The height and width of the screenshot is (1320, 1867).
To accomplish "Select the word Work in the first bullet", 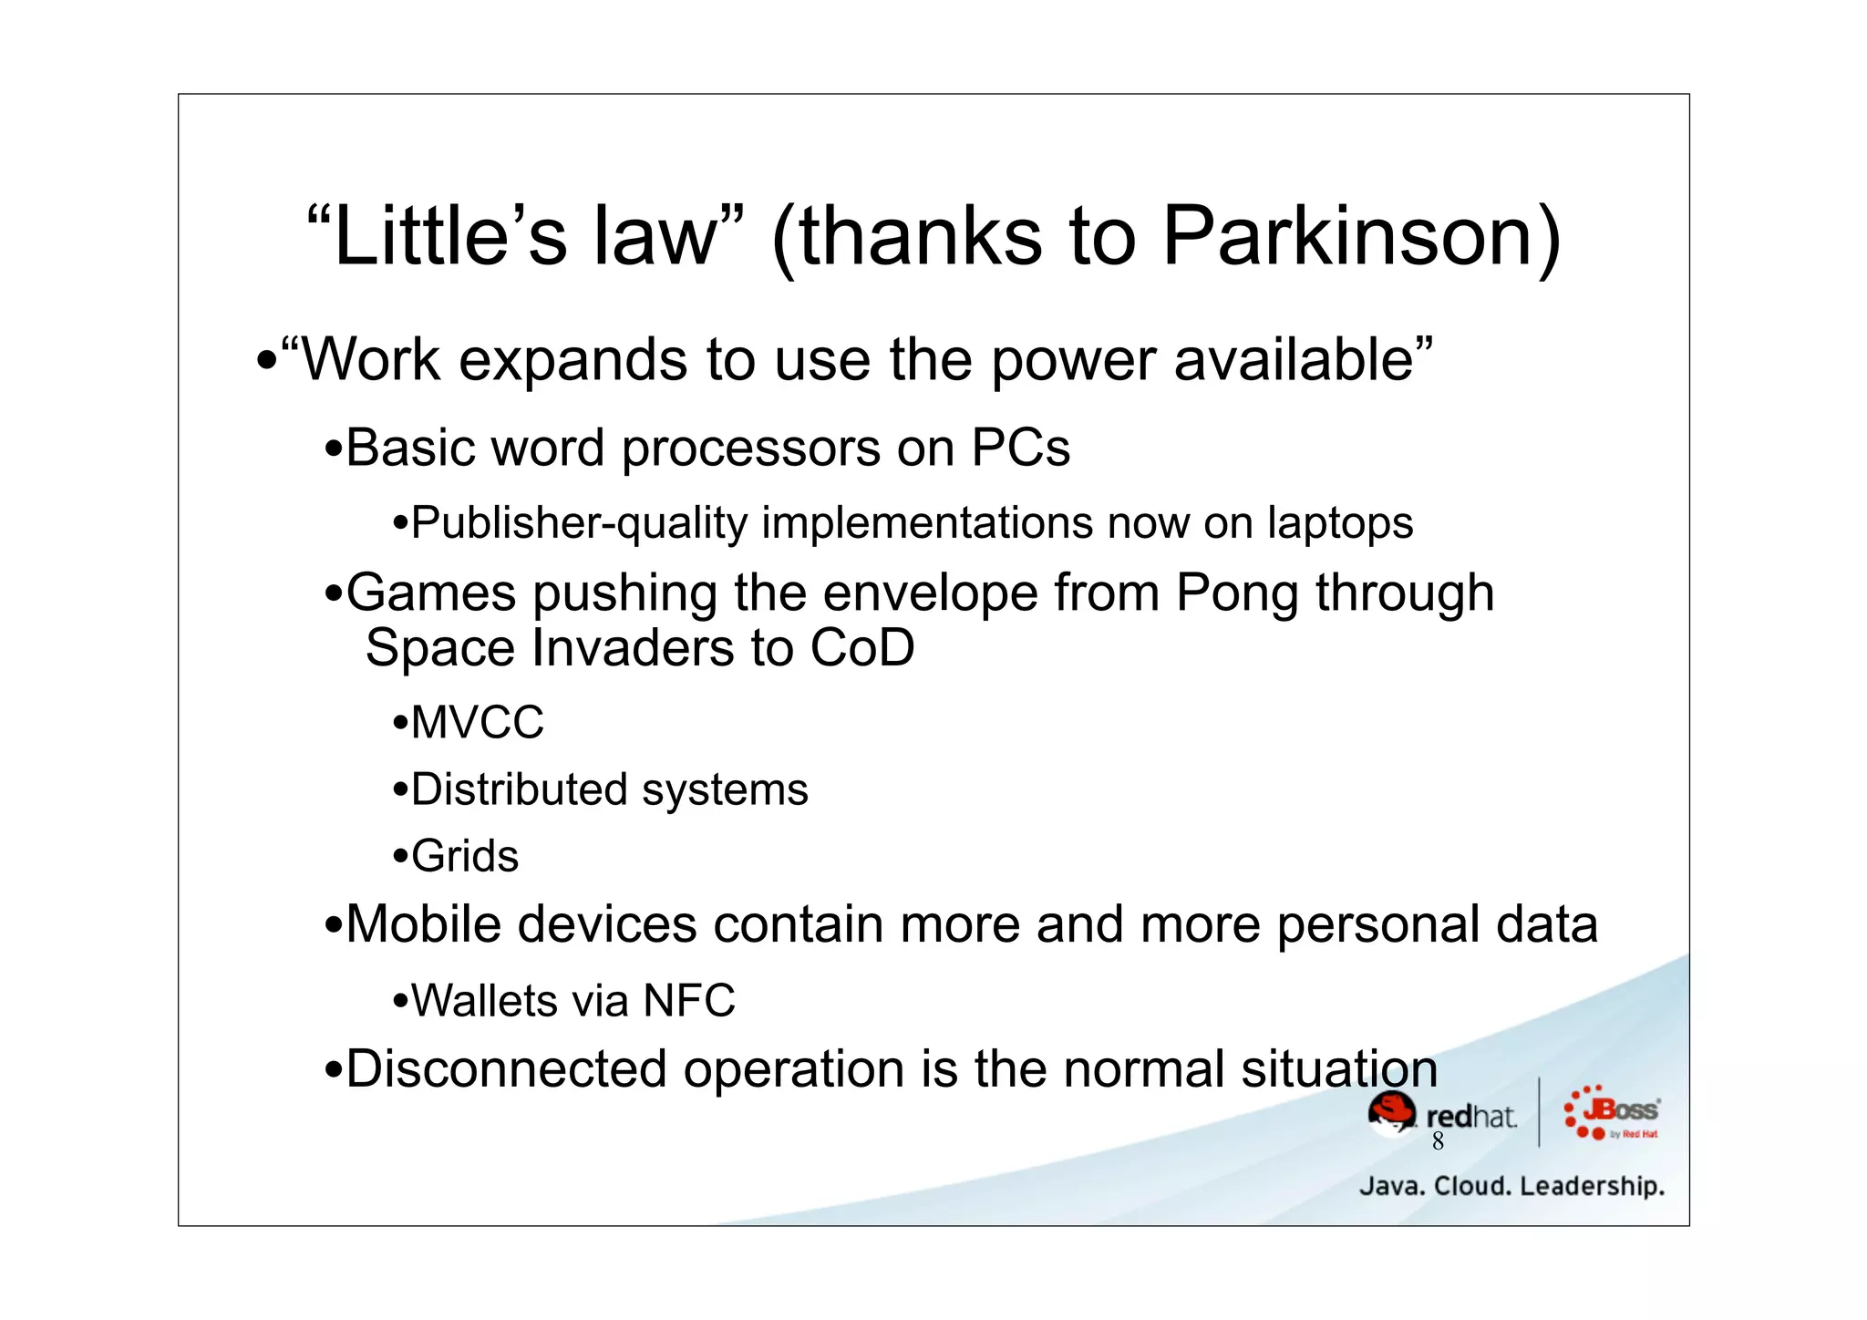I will click(x=370, y=360).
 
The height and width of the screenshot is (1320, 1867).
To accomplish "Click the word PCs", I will click(x=1020, y=449).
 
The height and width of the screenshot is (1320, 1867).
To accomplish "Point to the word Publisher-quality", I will click(x=579, y=524).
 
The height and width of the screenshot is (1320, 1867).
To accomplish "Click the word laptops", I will click(x=1339, y=524).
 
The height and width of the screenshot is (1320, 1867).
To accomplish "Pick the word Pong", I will click(x=1236, y=594).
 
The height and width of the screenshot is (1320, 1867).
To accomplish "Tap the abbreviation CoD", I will click(x=861, y=648).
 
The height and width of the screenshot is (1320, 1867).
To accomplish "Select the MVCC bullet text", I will click(x=477, y=723).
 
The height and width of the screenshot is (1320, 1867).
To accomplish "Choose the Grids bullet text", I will click(x=465, y=857).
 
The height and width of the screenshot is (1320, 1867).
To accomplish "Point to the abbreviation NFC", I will click(x=688, y=1001).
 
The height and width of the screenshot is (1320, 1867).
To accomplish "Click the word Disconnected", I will click(x=506, y=1069).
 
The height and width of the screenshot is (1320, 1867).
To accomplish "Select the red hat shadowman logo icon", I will click(x=1391, y=1113).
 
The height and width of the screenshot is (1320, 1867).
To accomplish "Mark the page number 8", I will click(x=1438, y=1141).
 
